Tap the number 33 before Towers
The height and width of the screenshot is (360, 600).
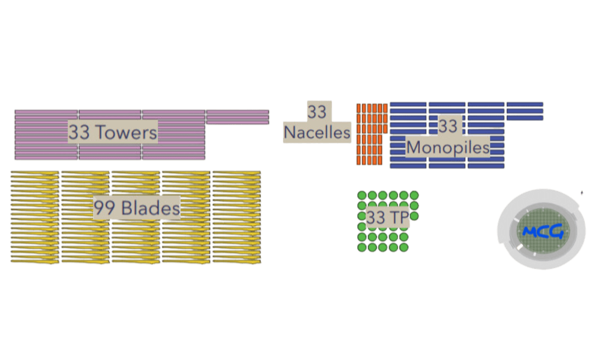click(x=79, y=132)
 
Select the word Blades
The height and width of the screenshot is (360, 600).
click(x=150, y=208)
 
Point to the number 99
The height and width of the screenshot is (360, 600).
click(x=105, y=208)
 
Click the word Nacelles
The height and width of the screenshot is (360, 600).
click(x=317, y=132)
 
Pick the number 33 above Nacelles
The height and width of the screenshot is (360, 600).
click(x=317, y=112)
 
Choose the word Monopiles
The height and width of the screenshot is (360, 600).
click(x=448, y=148)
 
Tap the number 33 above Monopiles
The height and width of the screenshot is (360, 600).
click(x=448, y=126)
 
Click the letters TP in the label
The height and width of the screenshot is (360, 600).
click(x=398, y=217)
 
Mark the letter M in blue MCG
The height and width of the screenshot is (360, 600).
click(x=530, y=232)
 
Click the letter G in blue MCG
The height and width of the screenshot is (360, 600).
click(x=557, y=231)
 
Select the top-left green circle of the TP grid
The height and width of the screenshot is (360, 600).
click(x=362, y=195)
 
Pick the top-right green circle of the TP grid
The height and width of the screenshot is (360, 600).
click(x=414, y=195)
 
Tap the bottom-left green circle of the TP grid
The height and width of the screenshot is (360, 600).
click(x=362, y=247)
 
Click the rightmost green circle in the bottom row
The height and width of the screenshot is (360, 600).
click(x=404, y=247)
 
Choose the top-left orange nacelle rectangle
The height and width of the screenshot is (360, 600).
click(x=359, y=108)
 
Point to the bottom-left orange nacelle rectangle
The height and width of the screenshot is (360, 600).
click(x=359, y=160)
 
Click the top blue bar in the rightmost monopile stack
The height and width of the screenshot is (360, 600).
click(x=525, y=104)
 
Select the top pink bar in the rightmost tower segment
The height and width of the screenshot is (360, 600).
click(x=237, y=112)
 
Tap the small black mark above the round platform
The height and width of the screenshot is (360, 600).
click(x=582, y=192)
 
